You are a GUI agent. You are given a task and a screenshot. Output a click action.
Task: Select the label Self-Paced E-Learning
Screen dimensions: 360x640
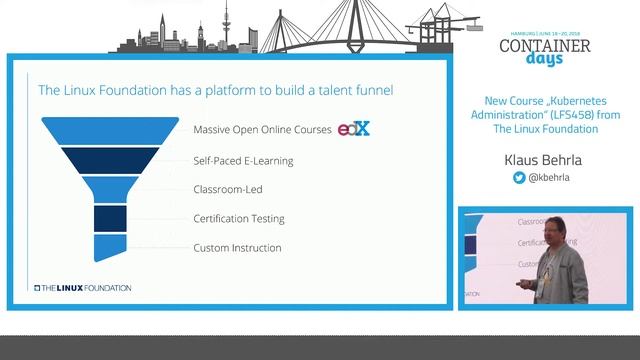243,160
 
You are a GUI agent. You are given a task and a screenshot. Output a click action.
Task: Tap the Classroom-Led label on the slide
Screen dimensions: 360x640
229,189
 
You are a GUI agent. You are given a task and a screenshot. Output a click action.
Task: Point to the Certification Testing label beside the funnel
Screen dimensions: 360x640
239,218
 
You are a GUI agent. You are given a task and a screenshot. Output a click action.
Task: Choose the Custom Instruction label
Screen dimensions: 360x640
237,247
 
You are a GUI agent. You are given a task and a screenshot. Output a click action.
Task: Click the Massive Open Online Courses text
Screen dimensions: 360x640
262,130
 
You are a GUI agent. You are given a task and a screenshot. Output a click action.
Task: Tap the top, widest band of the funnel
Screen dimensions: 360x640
96,130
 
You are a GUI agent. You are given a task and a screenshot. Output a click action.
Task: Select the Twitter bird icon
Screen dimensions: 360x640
519,178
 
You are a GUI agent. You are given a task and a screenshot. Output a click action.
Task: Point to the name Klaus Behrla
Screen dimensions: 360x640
544,158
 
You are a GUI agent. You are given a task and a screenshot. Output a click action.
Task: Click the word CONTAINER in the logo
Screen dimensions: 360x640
544,45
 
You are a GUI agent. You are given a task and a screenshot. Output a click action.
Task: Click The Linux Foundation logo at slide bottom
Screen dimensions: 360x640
83,288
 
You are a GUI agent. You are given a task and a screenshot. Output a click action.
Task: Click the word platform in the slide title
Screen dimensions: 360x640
216,90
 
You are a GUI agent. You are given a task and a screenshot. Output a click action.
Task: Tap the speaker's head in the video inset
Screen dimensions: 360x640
552,236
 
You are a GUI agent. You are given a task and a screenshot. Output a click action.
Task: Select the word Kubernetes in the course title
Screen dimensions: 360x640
583,101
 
